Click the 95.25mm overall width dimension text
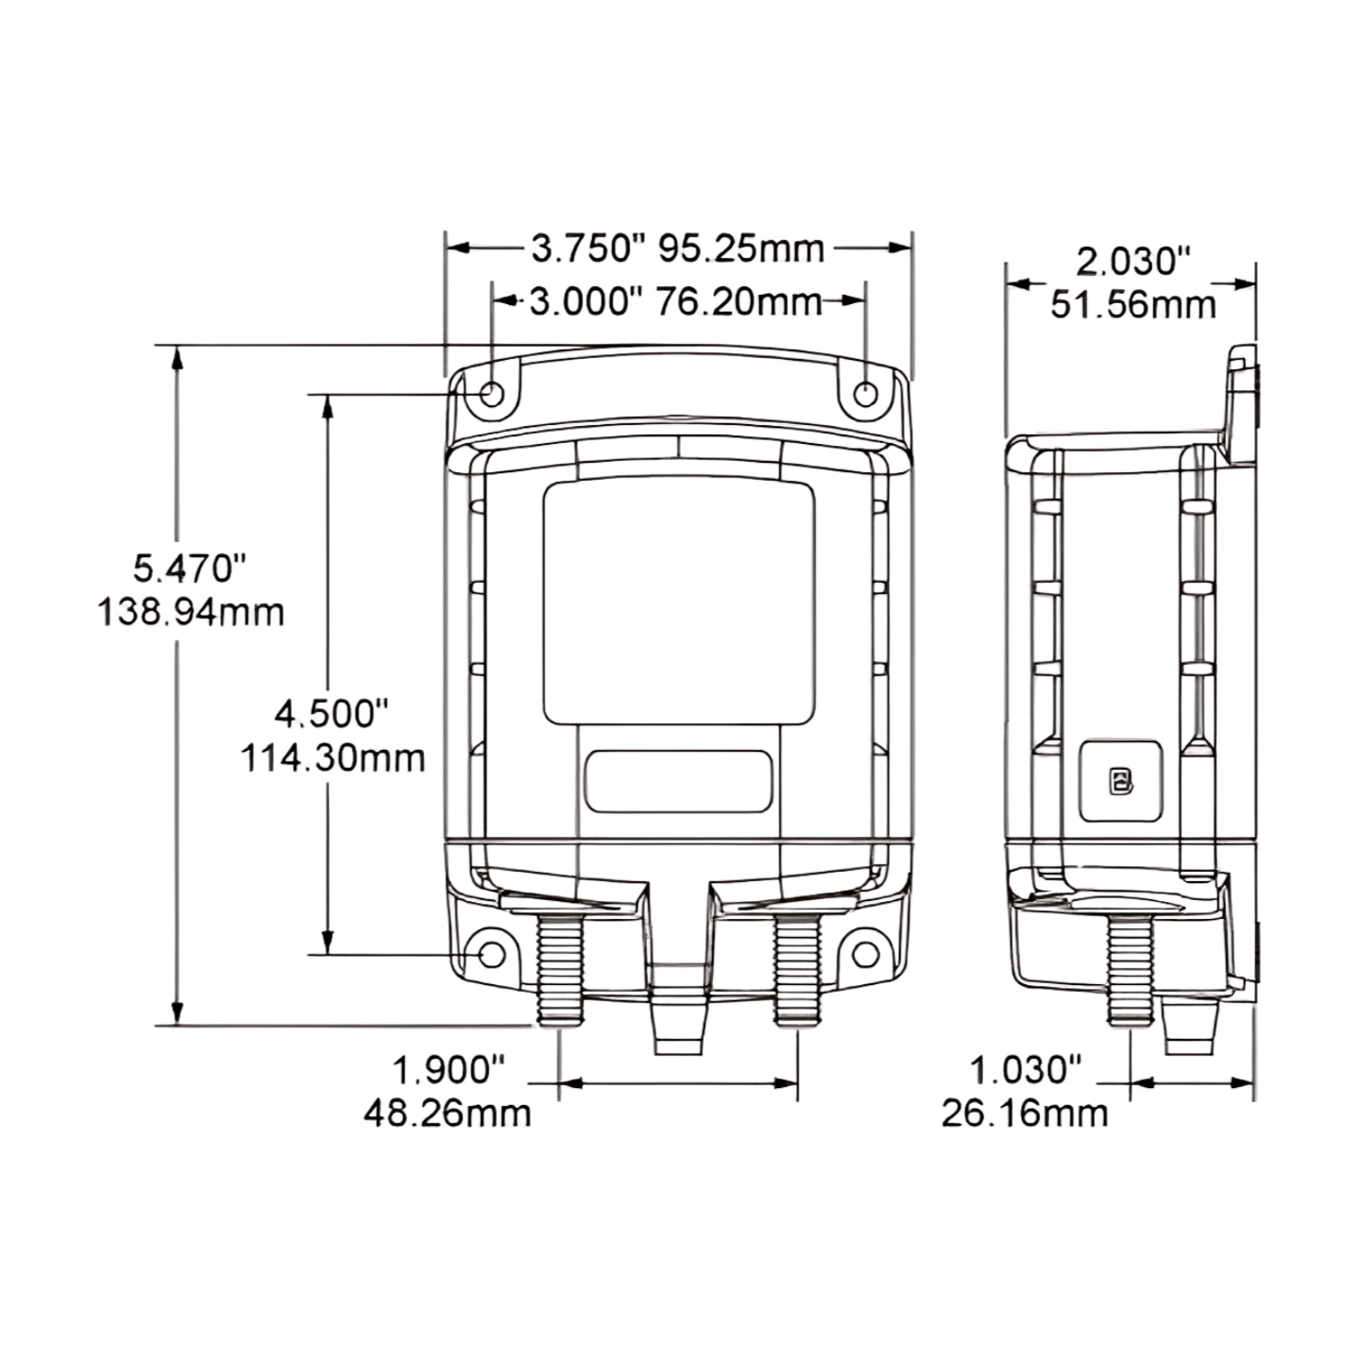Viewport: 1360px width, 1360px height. [741, 248]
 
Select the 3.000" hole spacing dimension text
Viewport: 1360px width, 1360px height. [585, 302]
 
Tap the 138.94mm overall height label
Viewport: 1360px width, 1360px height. [191, 612]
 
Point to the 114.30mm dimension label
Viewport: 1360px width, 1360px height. [332, 757]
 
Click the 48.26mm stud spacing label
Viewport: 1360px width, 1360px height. [448, 1113]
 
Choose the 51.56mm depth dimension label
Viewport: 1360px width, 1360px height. [1133, 305]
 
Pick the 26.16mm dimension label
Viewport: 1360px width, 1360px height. [1025, 1113]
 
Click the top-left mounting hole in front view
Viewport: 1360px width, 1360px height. [492, 393]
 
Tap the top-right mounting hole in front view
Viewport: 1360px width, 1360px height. [865, 393]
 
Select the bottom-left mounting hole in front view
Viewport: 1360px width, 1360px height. [492, 954]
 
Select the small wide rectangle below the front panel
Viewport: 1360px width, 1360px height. [678, 780]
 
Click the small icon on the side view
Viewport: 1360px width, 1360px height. [1120, 780]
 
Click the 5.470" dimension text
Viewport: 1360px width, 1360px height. [191, 569]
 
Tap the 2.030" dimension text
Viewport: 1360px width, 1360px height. [1133, 262]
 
